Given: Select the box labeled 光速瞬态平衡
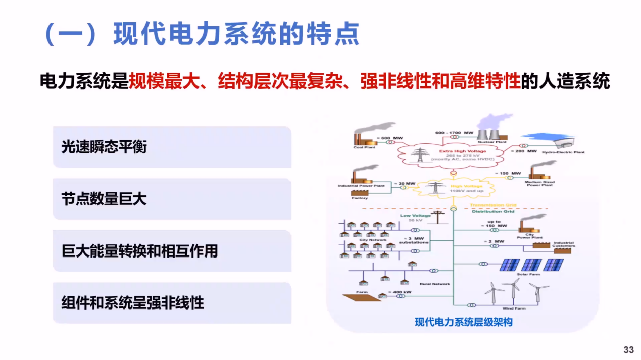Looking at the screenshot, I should (x=172, y=147).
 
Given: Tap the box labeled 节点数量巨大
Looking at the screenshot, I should (x=172, y=199).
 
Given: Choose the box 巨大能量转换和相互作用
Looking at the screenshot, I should (x=172, y=251).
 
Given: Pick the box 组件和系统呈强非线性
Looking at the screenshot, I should (x=172, y=303).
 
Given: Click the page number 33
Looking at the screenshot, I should (x=628, y=349).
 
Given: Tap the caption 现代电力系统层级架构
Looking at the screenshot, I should (x=463, y=322).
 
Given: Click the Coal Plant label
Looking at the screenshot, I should (x=364, y=148).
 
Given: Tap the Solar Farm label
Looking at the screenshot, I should (x=528, y=274).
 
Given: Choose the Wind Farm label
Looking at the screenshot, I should (x=514, y=308).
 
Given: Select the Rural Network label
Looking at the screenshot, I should (x=434, y=284).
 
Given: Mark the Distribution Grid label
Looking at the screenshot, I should (x=493, y=211).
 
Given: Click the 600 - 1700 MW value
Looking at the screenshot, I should (x=454, y=133).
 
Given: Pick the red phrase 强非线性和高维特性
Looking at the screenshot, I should (x=440, y=81).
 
